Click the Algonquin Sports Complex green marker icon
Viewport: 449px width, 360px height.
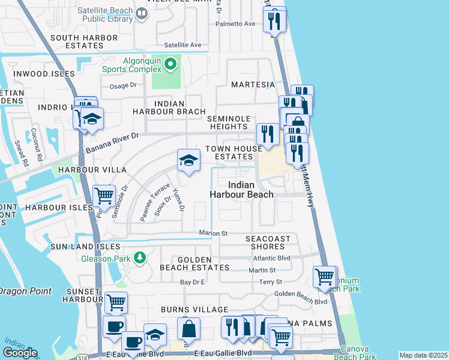click(x=170, y=63)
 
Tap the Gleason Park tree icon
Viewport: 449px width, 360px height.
click(x=140, y=258)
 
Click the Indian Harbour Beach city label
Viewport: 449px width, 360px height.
click(x=241, y=189)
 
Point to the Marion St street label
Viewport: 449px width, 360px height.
click(x=213, y=233)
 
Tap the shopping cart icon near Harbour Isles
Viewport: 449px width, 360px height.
click(x=104, y=195)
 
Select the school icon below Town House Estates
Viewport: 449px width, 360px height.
click(x=188, y=160)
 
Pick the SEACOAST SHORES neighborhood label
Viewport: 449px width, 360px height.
click(x=268, y=242)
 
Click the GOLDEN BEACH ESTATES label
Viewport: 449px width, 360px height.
click(x=194, y=268)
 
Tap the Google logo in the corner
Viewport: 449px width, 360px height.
click(x=20, y=353)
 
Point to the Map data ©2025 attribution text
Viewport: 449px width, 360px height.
click(x=423, y=355)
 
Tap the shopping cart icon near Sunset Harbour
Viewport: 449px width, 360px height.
click(x=116, y=302)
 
